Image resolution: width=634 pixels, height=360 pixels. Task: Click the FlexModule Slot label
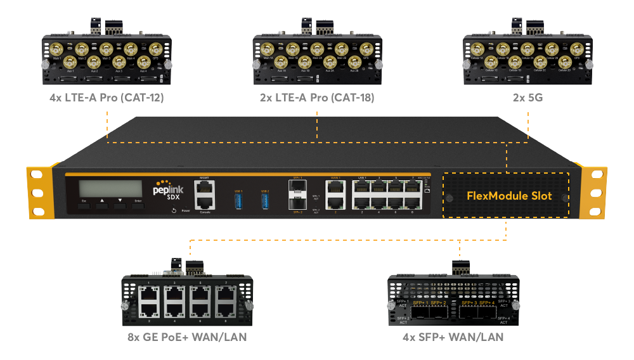(x=509, y=196)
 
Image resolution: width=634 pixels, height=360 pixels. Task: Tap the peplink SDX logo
(x=167, y=190)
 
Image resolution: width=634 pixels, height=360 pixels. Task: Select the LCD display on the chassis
(x=110, y=188)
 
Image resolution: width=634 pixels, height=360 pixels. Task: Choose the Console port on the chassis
(x=204, y=203)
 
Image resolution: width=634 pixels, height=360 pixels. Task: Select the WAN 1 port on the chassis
(x=334, y=188)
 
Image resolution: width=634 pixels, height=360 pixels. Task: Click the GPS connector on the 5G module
(x=576, y=48)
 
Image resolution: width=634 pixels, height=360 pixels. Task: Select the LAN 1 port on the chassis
(x=361, y=188)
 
